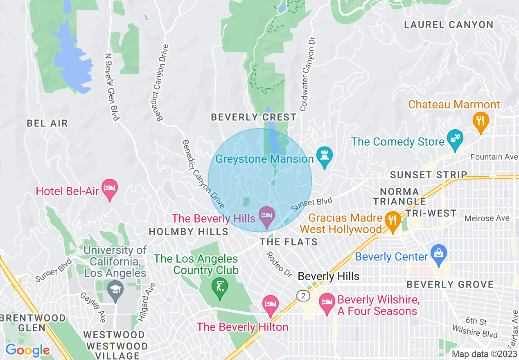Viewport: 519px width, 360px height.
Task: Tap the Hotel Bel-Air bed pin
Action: [x=109, y=189]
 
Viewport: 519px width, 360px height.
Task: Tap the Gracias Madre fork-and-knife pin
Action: [x=393, y=221]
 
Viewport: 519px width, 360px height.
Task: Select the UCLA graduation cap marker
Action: [x=115, y=290]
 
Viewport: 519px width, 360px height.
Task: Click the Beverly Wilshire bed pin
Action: [x=327, y=303]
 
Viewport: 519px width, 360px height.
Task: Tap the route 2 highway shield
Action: [x=302, y=295]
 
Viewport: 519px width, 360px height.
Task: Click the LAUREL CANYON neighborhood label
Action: [x=449, y=25]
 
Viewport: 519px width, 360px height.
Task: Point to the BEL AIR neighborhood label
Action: [x=47, y=123]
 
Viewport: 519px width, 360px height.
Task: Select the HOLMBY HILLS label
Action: [x=188, y=232]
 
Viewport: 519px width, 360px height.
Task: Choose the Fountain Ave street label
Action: [x=494, y=157]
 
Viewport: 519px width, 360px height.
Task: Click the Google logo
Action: [x=27, y=351]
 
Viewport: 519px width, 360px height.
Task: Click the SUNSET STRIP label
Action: [x=429, y=175]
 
